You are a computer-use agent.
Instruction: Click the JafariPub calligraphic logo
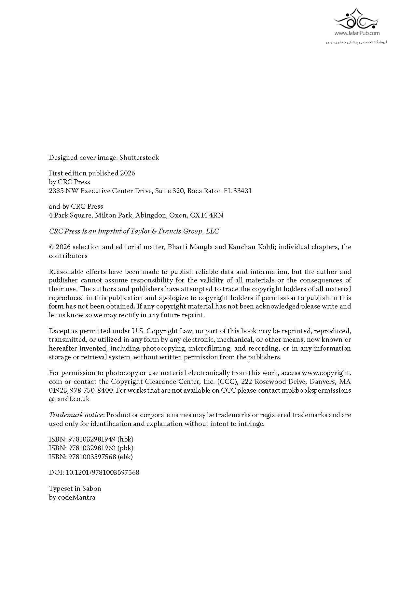pos(356,20)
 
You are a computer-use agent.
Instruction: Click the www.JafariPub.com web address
pos(357,33)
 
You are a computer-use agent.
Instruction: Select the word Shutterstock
pos(139,158)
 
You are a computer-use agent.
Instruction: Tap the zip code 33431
pos(242,191)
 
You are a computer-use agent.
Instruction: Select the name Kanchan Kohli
pos(251,247)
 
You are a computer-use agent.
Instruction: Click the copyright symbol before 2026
pos(51,247)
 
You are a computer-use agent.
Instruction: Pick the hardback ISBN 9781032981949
pos(92,439)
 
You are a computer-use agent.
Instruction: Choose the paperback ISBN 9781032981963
pos(92,448)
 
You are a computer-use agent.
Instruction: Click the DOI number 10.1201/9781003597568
pos(103,473)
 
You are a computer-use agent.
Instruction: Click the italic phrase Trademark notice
pos(76,415)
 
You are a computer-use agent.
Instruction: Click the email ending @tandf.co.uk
pos(69,399)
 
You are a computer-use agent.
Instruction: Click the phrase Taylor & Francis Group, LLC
pos(175,231)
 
